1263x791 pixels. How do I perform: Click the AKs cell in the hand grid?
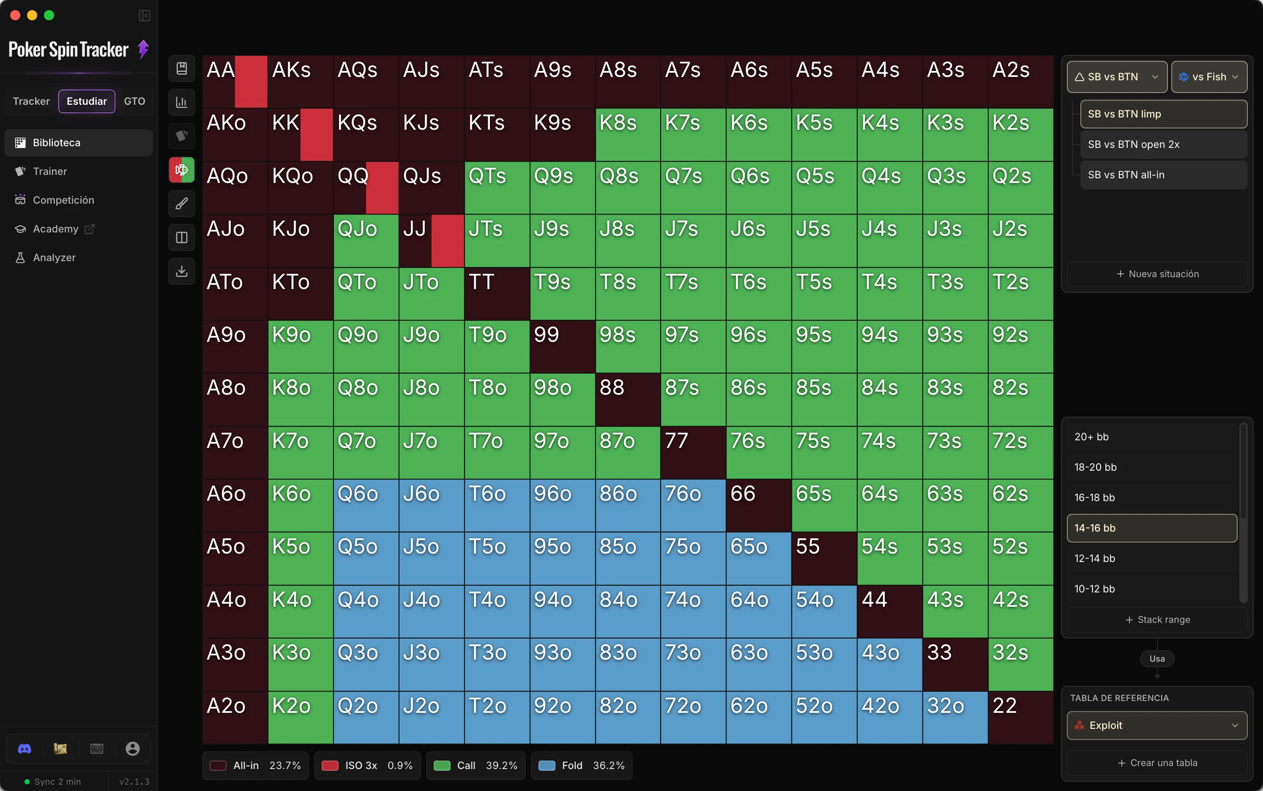(x=300, y=82)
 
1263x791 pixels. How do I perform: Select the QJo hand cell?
(x=366, y=241)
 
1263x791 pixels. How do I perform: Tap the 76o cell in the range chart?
(x=693, y=505)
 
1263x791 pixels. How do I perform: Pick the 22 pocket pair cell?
(x=1020, y=717)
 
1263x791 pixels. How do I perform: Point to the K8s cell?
(x=628, y=134)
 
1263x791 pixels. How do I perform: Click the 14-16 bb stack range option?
(x=1151, y=528)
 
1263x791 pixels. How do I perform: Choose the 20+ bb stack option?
(x=1151, y=437)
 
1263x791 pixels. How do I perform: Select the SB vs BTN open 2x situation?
(x=1164, y=145)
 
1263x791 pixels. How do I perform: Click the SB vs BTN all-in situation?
(x=1164, y=175)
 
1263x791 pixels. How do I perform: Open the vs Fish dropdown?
(x=1208, y=77)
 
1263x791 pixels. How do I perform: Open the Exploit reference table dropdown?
(x=1157, y=725)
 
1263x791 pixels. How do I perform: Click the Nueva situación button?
(x=1157, y=274)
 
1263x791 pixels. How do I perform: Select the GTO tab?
(x=134, y=101)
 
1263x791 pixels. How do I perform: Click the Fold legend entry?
(x=581, y=765)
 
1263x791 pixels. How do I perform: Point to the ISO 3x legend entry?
(x=367, y=765)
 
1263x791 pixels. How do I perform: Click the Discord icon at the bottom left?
(x=25, y=749)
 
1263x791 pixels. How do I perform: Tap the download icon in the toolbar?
(x=182, y=271)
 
